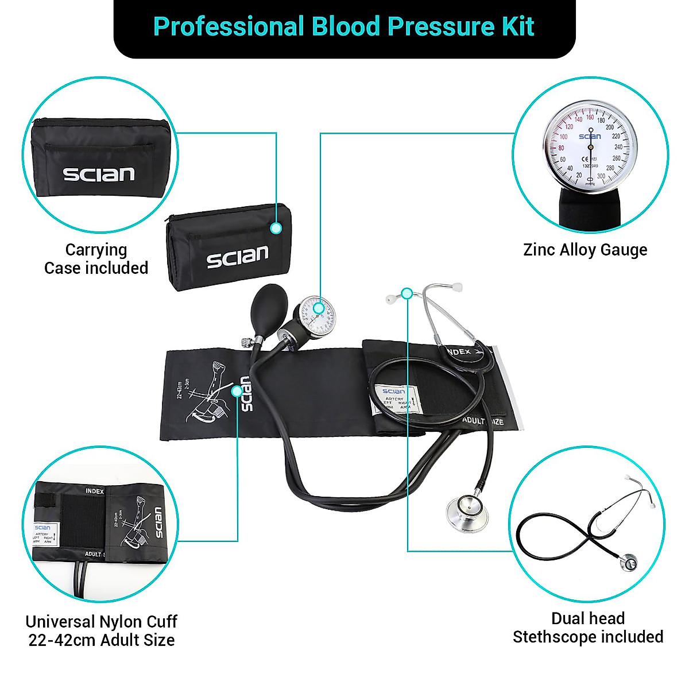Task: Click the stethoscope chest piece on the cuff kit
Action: coord(467,510)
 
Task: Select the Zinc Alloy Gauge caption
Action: coord(585,250)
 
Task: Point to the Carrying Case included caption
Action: coord(96,259)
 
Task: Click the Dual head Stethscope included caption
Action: coord(588,628)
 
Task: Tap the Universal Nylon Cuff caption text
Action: coord(102,630)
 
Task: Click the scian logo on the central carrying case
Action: coord(238,257)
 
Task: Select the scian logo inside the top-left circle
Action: coord(99,174)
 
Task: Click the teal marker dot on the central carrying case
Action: coord(276,229)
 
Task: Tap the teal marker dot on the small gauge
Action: coord(319,308)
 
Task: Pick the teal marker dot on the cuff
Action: coord(237,391)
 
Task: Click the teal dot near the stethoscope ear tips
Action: coord(407,293)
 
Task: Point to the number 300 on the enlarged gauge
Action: coord(601,176)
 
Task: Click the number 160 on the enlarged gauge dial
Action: coord(590,117)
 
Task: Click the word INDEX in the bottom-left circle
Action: coord(95,491)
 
